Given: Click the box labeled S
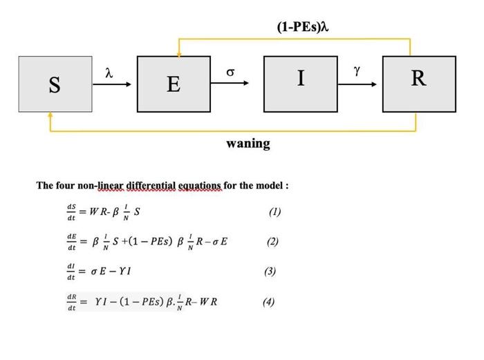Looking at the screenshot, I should click(x=55, y=84).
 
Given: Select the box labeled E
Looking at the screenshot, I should click(x=174, y=84).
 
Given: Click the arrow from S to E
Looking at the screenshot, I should click(x=114, y=84).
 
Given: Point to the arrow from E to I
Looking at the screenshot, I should click(x=235, y=84).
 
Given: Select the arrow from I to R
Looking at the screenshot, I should click(x=357, y=84).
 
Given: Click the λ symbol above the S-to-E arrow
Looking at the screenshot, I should click(x=108, y=72).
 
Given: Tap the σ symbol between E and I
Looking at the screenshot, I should click(x=231, y=72).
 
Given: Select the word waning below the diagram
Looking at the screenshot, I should click(x=248, y=144).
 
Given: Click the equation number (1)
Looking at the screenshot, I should click(x=274, y=212).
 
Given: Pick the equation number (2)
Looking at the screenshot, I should click(x=272, y=242).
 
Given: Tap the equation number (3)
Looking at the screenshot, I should click(x=270, y=272).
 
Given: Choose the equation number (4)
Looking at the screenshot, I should click(x=268, y=302).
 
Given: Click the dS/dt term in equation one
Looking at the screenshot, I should click(x=71, y=212).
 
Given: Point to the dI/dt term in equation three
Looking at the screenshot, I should click(x=71, y=272).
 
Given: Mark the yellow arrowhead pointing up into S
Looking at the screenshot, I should click(x=50, y=115).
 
